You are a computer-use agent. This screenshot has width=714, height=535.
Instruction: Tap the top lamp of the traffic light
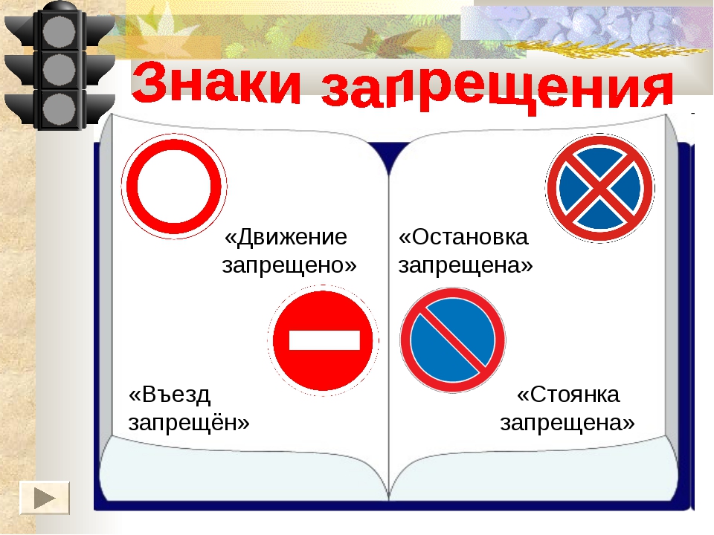59,32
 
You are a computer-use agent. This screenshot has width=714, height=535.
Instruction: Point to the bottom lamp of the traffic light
59,109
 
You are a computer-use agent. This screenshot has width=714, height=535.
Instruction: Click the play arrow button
45,498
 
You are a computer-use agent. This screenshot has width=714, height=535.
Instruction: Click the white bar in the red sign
324,340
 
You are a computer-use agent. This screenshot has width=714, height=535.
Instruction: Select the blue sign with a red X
600,188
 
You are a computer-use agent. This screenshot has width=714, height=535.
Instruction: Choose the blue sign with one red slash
453,340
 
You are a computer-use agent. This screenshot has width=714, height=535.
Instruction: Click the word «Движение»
286,237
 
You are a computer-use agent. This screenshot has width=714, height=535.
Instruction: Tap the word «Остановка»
463,237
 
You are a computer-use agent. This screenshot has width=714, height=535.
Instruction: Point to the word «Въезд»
170,395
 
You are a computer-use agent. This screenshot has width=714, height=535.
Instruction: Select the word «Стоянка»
567,395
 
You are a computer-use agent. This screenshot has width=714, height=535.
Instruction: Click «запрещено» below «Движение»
289,265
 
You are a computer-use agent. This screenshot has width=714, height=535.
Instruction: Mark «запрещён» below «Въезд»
189,423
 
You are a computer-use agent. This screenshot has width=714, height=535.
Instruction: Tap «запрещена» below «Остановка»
466,265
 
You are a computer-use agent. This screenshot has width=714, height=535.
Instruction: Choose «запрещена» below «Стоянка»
567,423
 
